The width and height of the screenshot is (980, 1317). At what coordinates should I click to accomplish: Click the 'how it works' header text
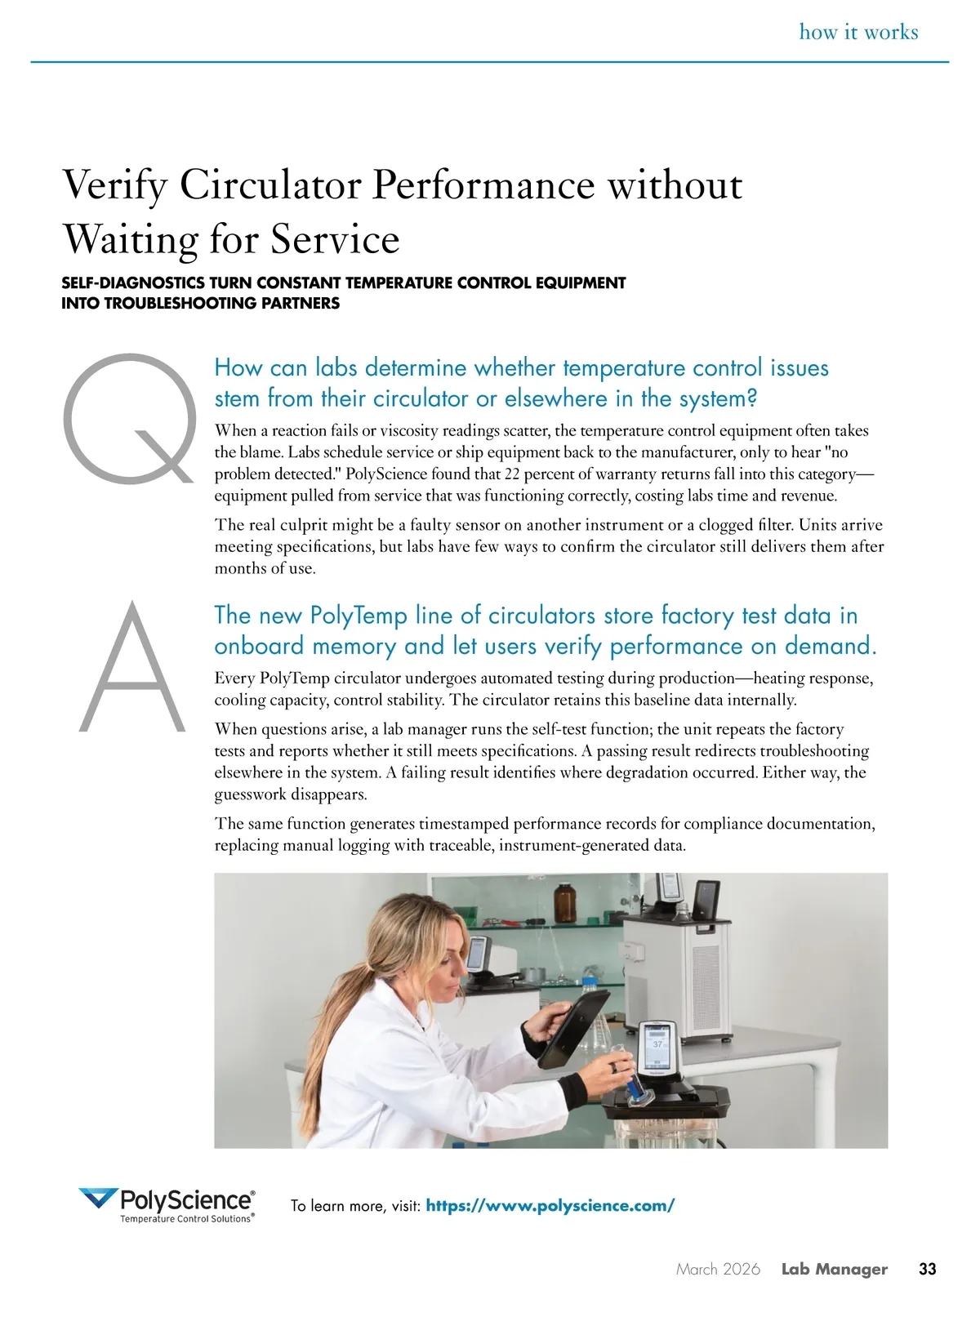(x=858, y=33)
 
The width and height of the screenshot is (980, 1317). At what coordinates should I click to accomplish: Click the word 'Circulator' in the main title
(x=270, y=185)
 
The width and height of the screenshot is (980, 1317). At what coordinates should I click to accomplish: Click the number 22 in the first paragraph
(x=512, y=474)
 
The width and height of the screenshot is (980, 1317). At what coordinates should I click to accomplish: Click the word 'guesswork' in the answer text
(x=252, y=794)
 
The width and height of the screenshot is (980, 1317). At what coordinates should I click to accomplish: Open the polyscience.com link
(x=550, y=1206)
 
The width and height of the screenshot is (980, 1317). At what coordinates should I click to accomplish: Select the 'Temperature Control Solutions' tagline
(x=186, y=1219)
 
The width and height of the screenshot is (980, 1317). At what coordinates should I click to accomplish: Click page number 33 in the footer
(x=928, y=1270)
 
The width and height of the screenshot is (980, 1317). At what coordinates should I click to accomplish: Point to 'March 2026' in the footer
(x=718, y=1270)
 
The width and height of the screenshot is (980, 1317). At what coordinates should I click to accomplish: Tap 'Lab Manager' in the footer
(x=834, y=1270)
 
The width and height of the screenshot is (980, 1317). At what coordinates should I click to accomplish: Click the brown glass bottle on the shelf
(x=565, y=902)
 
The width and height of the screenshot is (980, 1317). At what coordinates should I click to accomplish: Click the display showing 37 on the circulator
(x=657, y=1045)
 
